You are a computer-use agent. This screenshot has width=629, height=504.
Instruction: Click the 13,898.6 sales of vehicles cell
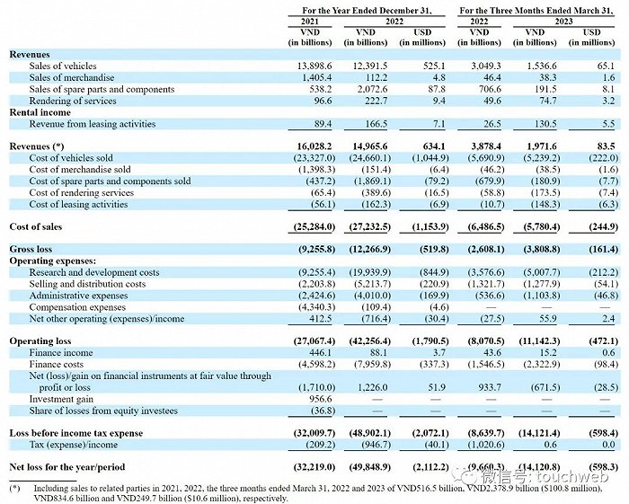[x=309, y=66]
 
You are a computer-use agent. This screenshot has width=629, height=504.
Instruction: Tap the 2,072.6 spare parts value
[x=366, y=89]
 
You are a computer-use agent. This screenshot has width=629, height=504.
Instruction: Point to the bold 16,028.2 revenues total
[x=309, y=146]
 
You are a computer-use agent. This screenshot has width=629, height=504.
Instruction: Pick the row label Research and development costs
[x=93, y=270]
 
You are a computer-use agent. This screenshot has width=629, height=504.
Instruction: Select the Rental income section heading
[x=40, y=111]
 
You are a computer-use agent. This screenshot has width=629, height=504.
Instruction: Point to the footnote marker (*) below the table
[x=14, y=490]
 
